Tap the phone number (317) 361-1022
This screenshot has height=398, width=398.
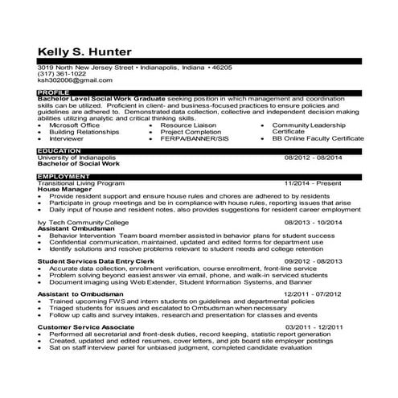click(62, 74)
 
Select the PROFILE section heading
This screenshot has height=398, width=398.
click(52, 93)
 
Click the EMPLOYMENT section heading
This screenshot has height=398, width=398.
click(64, 176)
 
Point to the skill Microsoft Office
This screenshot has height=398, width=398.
click(75, 125)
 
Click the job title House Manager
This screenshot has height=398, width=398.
click(66, 189)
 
